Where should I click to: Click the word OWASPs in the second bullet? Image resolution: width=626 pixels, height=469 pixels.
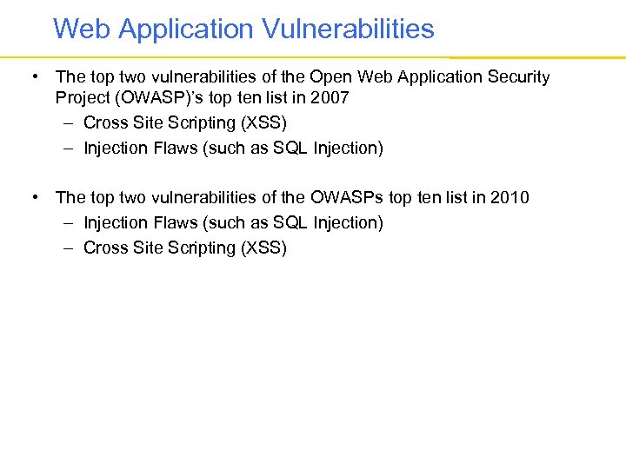(347, 198)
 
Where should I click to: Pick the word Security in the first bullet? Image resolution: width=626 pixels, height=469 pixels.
(518, 77)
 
